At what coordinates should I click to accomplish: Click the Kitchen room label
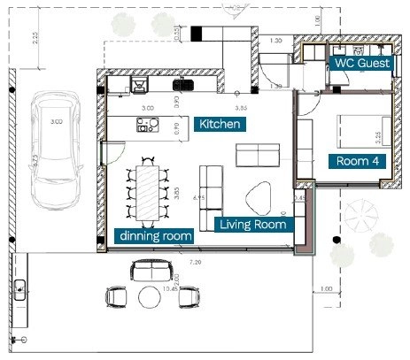[x=219, y=124]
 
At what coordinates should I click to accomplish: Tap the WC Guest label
[x=360, y=64]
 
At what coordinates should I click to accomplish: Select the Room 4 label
[x=358, y=161]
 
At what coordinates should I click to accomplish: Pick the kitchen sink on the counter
[x=183, y=85]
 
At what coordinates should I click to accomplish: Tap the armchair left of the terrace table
[x=117, y=297]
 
